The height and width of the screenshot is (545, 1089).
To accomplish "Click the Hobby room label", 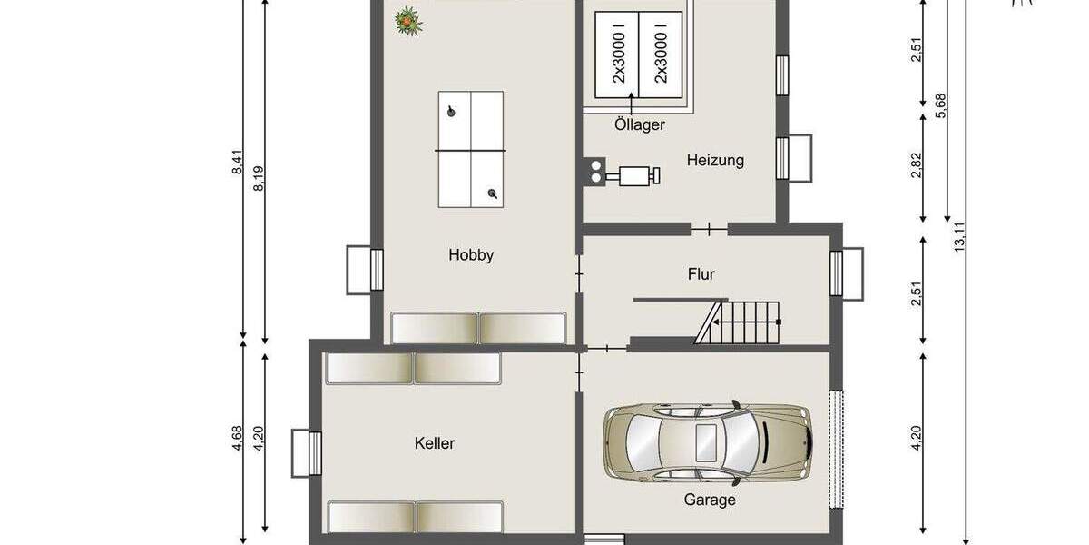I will (x=471, y=255).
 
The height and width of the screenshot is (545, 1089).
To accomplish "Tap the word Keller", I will (x=434, y=444).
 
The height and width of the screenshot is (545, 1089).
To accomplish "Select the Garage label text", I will (x=709, y=500).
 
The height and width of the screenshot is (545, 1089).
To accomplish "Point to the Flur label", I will (x=707, y=273).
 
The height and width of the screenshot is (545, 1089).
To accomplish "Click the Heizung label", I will (x=715, y=161).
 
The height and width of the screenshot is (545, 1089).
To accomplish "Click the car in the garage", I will (x=708, y=442).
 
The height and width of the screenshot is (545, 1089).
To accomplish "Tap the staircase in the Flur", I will (x=740, y=322).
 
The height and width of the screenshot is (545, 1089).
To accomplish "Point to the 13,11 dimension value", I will (x=960, y=240).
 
